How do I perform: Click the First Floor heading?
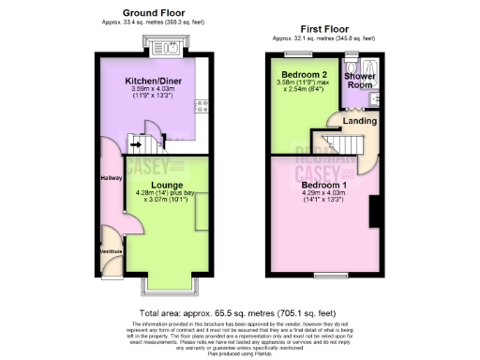(323, 29)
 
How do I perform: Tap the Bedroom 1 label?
(323, 185)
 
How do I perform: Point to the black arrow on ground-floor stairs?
(136, 145)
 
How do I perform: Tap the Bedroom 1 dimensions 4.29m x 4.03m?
(323, 194)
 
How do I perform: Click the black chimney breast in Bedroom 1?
(373, 215)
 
